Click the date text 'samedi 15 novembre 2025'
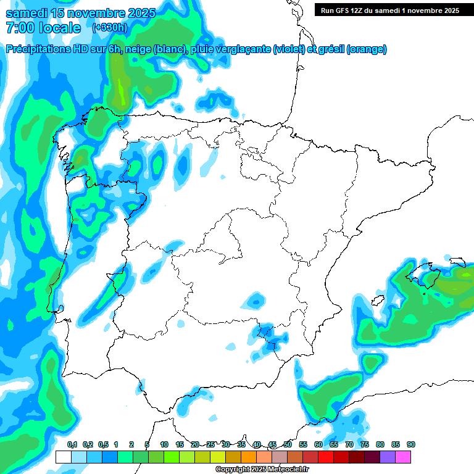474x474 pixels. coord(80,12)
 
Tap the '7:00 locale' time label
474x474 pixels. coord(43,28)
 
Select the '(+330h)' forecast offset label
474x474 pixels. coord(110,27)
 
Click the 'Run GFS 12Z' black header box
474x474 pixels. coord(390,10)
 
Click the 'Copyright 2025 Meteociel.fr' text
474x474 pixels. coord(262,470)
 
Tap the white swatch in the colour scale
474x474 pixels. coord(64,457)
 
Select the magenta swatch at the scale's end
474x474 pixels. coord(403,457)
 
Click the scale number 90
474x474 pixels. coord(411,444)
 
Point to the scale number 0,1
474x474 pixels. coord(72,444)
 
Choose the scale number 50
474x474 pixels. coord(288,444)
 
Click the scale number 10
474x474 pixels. coord(164,444)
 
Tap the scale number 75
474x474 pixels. coord(365,444)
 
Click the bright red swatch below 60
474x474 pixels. coord(326,457)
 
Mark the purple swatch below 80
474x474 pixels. coord(388,457)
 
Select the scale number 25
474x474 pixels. coord(210,444)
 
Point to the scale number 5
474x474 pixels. coord(147,444)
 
